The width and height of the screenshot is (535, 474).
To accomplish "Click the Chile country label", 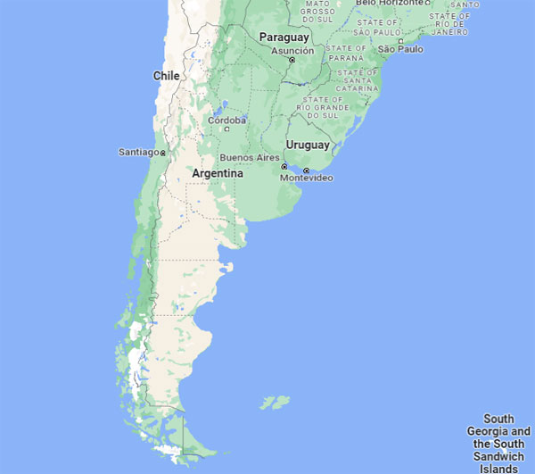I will [x=167, y=76].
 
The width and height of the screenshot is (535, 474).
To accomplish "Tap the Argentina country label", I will [x=218, y=173].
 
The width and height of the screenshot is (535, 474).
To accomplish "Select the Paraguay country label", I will [x=284, y=37].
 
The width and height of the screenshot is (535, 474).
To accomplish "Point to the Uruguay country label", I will [x=308, y=145].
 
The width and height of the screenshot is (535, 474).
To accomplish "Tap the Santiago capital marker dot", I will [x=163, y=154].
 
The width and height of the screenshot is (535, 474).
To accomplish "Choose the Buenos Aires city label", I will [x=249, y=158].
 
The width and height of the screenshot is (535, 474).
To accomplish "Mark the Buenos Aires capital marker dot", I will [x=284, y=167].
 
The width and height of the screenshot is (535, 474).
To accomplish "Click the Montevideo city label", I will [x=306, y=179].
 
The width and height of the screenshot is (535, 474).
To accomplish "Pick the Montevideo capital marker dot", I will [x=306, y=170].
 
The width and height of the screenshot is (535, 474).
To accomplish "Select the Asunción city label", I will [x=292, y=50].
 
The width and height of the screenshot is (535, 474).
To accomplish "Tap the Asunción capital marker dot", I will [x=292, y=60].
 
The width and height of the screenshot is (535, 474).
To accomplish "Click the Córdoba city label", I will [x=226, y=120].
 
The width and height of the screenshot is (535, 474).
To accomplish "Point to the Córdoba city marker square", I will [x=226, y=129].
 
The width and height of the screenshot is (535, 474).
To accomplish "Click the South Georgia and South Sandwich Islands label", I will [x=499, y=443].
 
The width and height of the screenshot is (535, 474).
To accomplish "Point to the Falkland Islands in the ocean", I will [x=274, y=403].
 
